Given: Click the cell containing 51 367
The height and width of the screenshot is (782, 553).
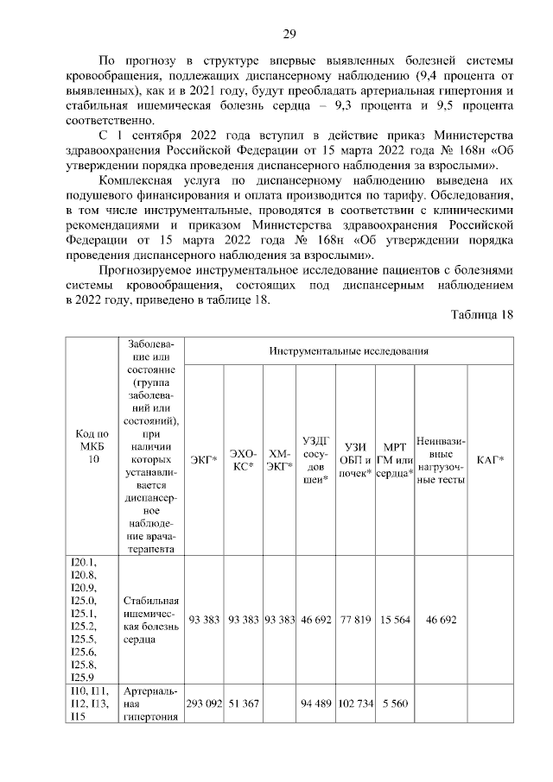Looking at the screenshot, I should (x=244, y=703).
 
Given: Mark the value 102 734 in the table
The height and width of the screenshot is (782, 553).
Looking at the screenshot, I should (x=354, y=703).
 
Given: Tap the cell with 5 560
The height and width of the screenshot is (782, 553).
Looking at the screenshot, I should (x=395, y=703).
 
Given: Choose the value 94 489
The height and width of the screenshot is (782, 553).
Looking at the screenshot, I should (x=317, y=703).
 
